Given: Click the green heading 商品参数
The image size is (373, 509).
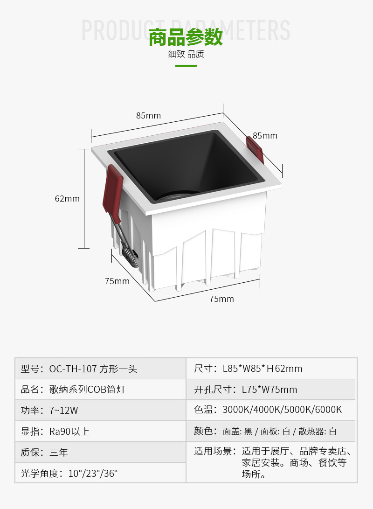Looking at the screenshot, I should [186, 37].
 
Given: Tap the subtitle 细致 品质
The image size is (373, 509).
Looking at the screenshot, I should [186, 54].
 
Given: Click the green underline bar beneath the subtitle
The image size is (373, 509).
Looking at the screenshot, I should [186, 66].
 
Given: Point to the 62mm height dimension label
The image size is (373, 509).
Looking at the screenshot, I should [67, 198].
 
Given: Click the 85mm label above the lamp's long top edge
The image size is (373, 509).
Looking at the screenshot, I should [148, 115].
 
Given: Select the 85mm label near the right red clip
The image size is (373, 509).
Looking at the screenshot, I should [265, 136].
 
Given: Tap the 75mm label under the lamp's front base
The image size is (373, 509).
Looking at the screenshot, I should [221, 299].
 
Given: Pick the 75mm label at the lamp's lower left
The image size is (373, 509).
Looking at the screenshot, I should [117, 281].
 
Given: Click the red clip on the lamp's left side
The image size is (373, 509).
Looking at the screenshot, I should [112, 191].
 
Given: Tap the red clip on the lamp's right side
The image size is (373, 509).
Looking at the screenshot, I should [255, 149].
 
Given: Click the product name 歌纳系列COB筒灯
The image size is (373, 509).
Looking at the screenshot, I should [87, 390].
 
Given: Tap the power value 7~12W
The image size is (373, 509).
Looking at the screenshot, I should [63, 411].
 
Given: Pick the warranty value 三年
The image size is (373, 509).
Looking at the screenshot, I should [59, 453].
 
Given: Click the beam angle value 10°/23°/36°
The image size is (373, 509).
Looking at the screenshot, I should [93, 474].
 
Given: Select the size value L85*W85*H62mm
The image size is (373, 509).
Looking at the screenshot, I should [262, 369].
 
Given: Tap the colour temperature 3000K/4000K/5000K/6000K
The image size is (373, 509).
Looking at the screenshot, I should [282, 410].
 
